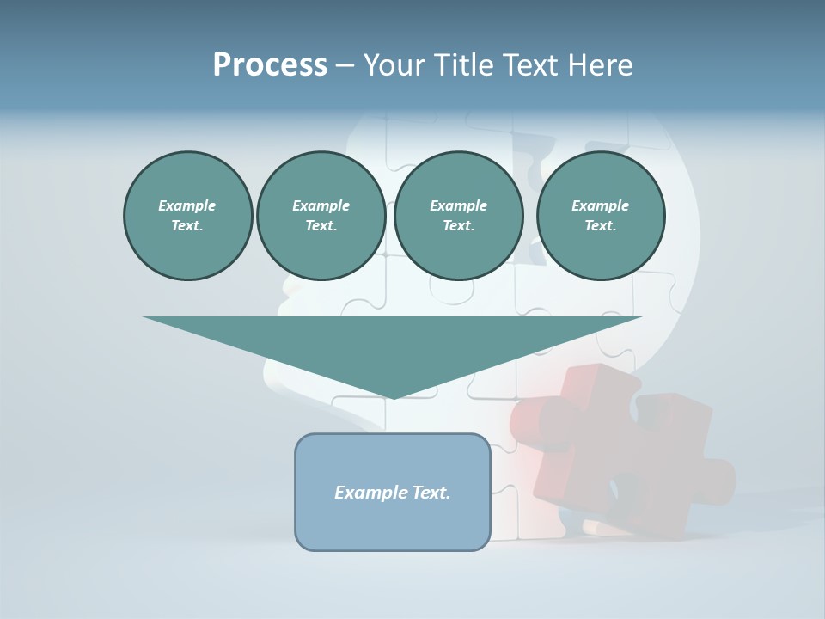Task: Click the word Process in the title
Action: pyautogui.click(x=270, y=65)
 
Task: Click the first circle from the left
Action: pyautogui.click(x=187, y=216)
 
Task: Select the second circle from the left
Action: pyautogui.click(x=321, y=216)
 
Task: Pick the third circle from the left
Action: pyautogui.click(x=458, y=216)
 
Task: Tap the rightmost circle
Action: pyautogui.click(x=600, y=216)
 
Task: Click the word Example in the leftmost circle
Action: pyautogui.click(x=186, y=205)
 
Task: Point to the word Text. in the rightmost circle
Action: pyautogui.click(x=600, y=226)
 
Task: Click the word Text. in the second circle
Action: pyautogui.click(x=321, y=226)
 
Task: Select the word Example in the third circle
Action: pyautogui.click(x=458, y=205)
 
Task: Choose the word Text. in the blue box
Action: pyautogui.click(x=433, y=493)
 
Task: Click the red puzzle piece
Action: pyautogui.click(x=619, y=447)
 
